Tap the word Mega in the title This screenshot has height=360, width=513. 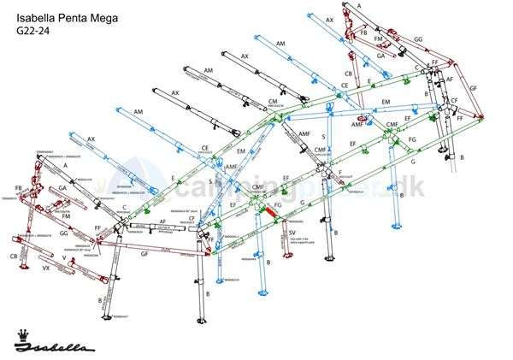(x=117, y=15)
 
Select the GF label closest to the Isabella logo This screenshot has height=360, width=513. (x=144, y=255)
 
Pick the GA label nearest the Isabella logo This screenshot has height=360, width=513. (x=62, y=188)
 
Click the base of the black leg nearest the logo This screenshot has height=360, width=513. (x=108, y=318)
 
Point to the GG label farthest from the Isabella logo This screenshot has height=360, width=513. (x=418, y=39)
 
